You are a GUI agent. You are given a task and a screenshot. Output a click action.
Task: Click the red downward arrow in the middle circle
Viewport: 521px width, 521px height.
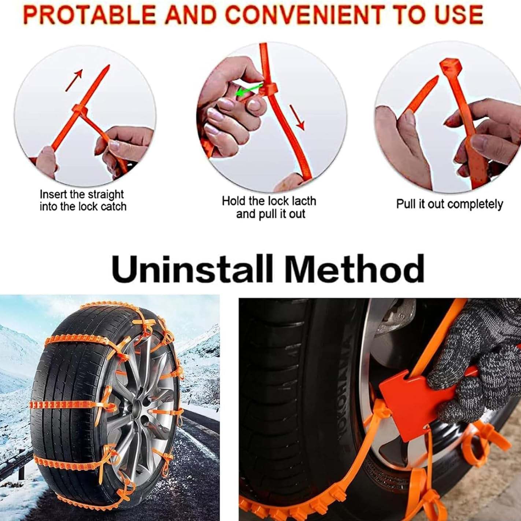tap(297, 117)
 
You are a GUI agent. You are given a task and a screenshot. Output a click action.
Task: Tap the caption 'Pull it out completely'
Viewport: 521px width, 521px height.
tap(449, 204)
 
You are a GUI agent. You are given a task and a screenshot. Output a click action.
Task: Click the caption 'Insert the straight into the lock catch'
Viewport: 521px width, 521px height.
tap(83, 200)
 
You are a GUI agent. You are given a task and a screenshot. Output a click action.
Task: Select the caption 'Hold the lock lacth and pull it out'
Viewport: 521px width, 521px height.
tap(269, 207)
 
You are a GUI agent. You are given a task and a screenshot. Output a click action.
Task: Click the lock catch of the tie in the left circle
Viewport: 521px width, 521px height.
tap(82, 110)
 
